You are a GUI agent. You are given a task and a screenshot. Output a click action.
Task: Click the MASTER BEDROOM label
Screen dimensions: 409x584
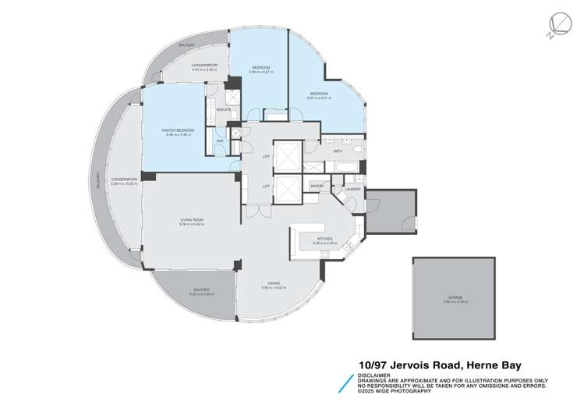tap(179, 130)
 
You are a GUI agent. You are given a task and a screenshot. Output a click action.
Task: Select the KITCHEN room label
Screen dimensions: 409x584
tap(324, 239)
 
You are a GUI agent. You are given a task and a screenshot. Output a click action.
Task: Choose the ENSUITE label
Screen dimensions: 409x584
tap(223, 111)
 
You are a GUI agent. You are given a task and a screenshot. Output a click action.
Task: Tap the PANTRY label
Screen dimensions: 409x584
tap(316, 186)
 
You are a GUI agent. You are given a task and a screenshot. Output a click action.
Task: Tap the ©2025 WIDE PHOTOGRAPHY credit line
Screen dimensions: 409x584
tap(395, 390)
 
